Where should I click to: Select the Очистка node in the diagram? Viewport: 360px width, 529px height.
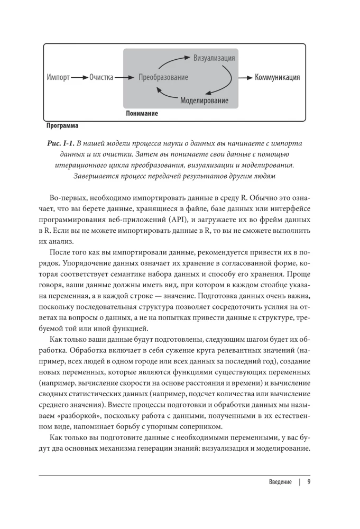101,78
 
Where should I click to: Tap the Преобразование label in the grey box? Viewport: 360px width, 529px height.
163,78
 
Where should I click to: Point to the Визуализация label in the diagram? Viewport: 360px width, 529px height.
214,58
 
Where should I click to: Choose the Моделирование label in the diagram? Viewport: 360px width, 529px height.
204,100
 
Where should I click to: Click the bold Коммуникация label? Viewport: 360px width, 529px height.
277,77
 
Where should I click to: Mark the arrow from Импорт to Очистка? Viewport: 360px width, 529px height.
79,78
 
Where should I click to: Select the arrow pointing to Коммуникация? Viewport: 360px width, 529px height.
245,77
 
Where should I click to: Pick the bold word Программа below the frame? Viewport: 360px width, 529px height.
62,126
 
